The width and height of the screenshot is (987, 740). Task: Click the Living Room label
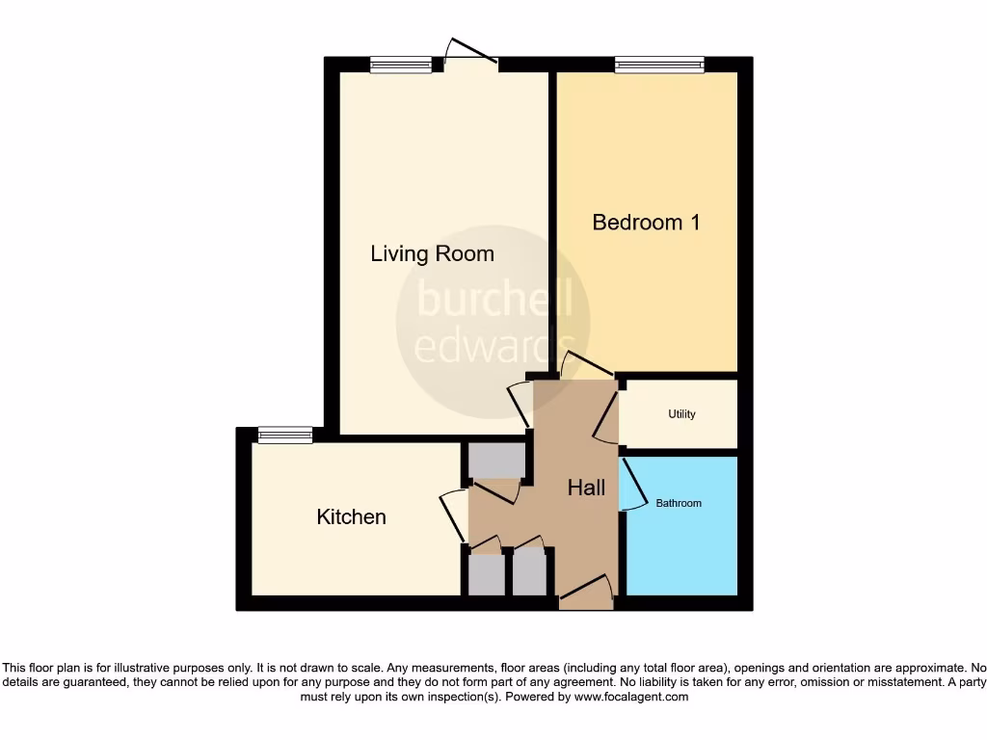(432, 253)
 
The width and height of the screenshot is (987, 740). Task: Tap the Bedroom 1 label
(646, 223)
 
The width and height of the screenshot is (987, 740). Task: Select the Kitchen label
(351, 517)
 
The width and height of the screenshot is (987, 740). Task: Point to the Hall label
(586, 488)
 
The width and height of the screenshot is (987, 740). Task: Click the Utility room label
(681, 414)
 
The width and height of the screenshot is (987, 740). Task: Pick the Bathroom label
(679, 503)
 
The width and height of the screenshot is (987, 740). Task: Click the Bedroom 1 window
(659, 66)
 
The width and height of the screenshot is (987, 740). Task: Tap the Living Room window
(400, 66)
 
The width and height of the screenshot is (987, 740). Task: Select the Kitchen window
(285, 436)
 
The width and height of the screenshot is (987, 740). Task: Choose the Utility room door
(607, 411)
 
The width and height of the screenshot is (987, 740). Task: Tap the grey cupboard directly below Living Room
(496, 461)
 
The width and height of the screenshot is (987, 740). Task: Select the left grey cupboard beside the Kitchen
(486, 574)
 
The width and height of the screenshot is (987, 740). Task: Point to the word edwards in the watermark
(493, 344)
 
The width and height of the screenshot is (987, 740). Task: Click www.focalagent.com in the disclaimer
(632, 697)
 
